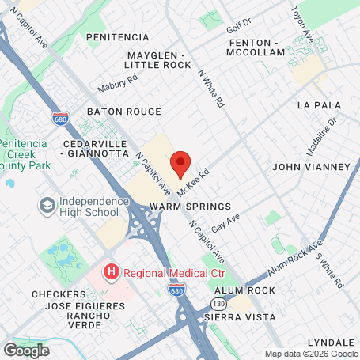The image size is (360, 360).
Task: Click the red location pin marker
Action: (180, 162)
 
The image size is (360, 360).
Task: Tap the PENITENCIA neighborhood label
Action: (117, 37)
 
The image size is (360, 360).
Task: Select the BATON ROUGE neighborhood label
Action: (118, 112)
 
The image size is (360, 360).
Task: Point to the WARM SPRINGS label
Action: (190, 206)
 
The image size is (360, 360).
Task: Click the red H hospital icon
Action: (112, 272)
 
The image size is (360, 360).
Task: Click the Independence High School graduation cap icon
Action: (47, 206)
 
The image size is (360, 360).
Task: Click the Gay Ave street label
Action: (225, 222)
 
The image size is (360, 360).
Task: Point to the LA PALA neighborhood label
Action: (319, 105)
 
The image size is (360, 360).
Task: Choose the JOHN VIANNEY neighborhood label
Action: (310, 167)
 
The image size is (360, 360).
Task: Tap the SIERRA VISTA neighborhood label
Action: (240, 316)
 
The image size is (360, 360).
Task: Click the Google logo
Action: (26, 350)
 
